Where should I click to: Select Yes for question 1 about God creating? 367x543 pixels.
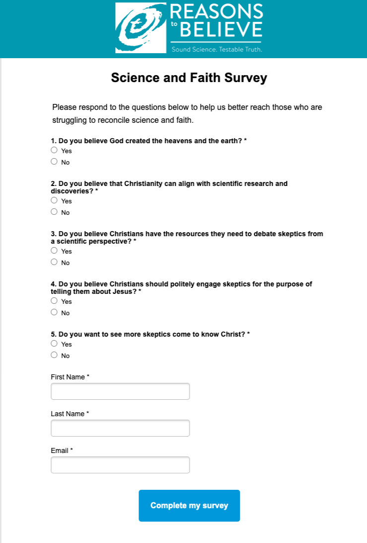coord(54,150)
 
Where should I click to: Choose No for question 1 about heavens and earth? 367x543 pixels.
coord(54,162)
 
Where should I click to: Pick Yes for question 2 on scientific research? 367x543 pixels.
coord(54,200)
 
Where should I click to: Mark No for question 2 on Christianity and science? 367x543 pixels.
coord(54,212)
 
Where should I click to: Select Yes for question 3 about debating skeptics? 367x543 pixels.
coord(54,251)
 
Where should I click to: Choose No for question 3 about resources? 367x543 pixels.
coord(54,262)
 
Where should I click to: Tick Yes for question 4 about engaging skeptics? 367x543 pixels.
coord(54,301)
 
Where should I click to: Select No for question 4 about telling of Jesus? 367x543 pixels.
coord(54,312)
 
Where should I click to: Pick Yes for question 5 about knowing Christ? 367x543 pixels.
coord(54,344)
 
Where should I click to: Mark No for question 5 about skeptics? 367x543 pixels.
coord(54,355)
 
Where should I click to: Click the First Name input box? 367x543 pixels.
coord(120,391)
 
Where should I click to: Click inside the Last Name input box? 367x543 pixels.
coord(120,428)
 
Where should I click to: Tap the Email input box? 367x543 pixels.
coord(120,465)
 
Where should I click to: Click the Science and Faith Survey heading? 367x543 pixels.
coord(189,78)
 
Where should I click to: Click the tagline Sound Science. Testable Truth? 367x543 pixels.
coord(217,50)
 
